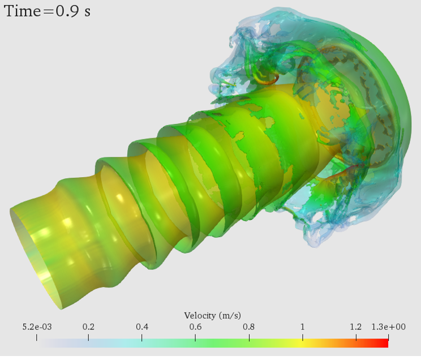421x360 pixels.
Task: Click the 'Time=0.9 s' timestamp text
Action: pyautogui.click(x=48, y=11)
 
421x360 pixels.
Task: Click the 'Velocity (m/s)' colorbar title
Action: pyautogui.click(x=212, y=315)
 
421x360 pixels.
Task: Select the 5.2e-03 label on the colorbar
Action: pyautogui.click(x=37, y=327)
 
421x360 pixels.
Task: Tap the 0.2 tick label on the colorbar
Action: pyautogui.click(x=88, y=327)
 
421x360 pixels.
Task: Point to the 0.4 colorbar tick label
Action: pyautogui.click(x=142, y=327)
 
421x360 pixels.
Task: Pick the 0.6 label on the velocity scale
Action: pyautogui.click(x=195, y=327)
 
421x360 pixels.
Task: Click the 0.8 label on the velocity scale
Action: pyautogui.click(x=249, y=327)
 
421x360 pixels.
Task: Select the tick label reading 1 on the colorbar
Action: pyautogui.click(x=303, y=327)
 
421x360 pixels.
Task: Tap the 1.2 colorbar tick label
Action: pyautogui.click(x=356, y=327)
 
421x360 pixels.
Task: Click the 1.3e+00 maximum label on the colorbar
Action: pyautogui.click(x=388, y=327)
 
